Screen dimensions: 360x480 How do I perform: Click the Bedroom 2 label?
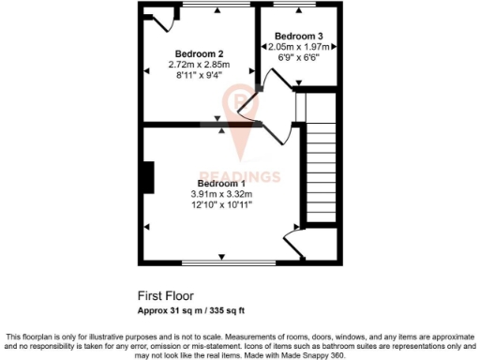[200, 53]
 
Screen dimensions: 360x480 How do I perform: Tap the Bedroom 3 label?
[298, 36]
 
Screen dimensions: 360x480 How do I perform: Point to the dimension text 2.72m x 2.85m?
[200, 65]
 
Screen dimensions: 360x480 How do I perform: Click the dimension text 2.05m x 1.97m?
[298, 46]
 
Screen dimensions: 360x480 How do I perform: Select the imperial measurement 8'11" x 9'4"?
[200, 75]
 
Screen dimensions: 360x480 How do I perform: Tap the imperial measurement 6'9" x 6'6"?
[298, 56]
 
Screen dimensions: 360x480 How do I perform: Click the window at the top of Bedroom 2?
[217, 7]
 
